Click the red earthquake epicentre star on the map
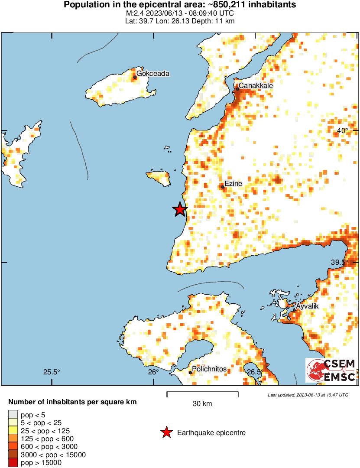(180, 209)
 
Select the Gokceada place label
(153, 74)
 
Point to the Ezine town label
(234, 184)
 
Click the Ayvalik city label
(307, 306)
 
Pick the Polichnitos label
(209, 369)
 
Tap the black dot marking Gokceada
(135, 77)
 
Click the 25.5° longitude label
(52, 372)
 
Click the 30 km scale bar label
(202, 404)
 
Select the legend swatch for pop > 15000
(13, 463)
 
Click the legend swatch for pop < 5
(13, 415)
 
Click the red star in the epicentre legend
(166, 432)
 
